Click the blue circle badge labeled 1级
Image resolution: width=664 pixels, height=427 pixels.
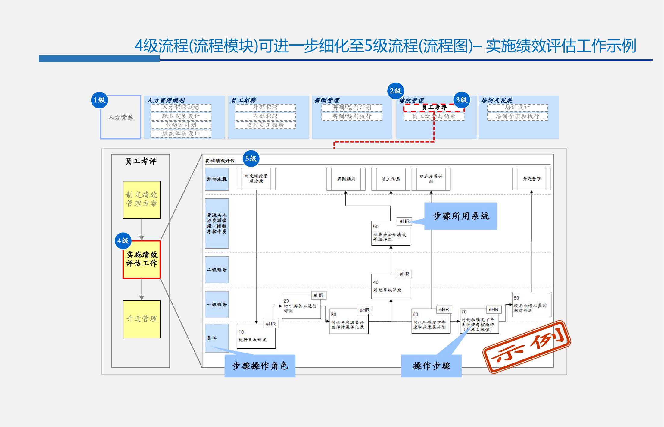[99, 100]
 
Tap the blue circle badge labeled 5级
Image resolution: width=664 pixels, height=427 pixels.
[251, 159]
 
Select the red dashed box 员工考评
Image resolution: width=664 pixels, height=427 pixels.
[434, 108]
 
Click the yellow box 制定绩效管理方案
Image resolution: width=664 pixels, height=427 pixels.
[142, 199]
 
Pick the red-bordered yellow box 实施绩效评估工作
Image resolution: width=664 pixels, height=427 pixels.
[142, 259]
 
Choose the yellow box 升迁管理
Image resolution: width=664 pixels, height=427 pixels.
[142, 319]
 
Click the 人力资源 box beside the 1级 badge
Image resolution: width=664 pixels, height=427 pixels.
[120, 117]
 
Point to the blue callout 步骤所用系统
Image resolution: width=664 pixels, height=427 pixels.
[460, 216]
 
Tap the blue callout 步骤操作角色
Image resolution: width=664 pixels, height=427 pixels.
[260, 366]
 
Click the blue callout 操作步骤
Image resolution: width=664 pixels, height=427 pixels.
[431, 366]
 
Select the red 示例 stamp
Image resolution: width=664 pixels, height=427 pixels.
[527, 347]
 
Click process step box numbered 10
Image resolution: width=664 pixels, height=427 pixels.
[256, 336]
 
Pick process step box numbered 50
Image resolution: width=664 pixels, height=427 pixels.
[391, 234]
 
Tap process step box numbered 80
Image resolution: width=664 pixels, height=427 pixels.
[532, 304]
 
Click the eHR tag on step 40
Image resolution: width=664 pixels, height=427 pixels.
[404, 274]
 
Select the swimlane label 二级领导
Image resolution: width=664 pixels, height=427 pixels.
[217, 270]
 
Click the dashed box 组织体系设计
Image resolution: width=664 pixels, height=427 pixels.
[181, 133]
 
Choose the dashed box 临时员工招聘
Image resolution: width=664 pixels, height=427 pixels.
[265, 125]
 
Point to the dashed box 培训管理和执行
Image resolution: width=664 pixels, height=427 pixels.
[517, 116]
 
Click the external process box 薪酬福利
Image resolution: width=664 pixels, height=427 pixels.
[346, 179]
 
